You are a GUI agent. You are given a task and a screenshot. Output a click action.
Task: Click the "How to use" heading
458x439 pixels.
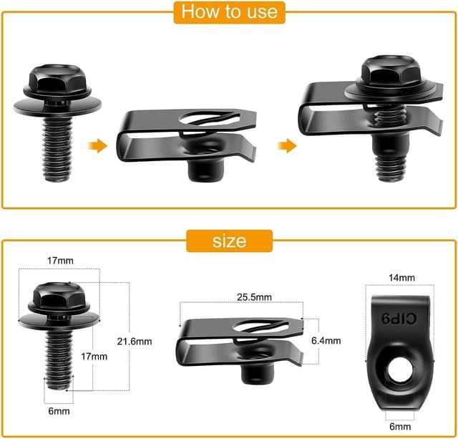click(x=230, y=12)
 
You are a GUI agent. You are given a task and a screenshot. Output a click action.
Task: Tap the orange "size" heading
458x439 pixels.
click(x=229, y=241)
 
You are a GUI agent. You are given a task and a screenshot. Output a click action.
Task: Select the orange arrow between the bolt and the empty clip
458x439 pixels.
click(x=97, y=146)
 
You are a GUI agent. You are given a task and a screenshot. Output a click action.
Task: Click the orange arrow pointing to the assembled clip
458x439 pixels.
click(x=286, y=146)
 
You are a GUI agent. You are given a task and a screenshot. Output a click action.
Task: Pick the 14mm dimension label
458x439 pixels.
click(x=401, y=277)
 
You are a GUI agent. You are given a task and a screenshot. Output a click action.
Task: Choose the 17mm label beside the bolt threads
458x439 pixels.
click(x=94, y=355)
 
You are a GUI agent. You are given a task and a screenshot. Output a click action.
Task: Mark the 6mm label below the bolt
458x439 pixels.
click(x=54, y=413)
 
